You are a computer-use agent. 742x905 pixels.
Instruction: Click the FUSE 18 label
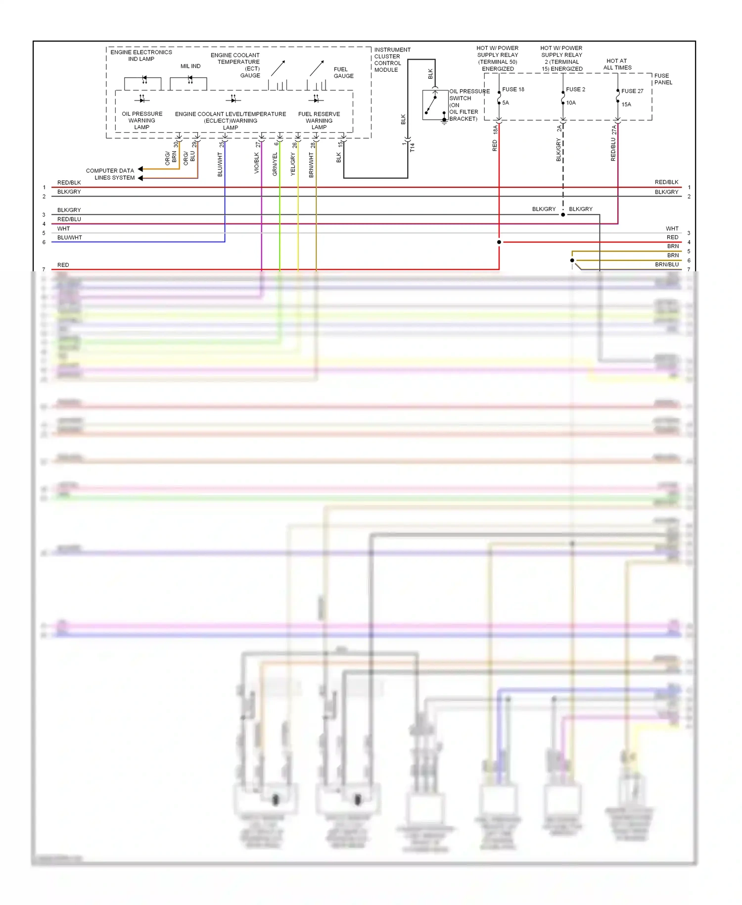(x=513, y=90)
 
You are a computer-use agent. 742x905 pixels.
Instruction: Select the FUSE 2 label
(x=575, y=90)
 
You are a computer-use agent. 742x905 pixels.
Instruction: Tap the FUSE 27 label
(x=632, y=91)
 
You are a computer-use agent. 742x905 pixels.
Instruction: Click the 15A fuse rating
(x=626, y=104)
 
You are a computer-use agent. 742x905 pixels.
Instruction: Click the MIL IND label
(x=190, y=66)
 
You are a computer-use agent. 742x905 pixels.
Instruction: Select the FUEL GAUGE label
(x=343, y=73)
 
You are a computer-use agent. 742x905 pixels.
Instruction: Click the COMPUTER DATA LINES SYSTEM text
(x=110, y=174)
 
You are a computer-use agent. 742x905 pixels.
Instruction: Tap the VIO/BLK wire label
(x=257, y=163)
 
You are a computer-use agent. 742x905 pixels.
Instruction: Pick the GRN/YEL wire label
(x=275, y=164)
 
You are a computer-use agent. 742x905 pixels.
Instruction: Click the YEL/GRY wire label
(x=293, y=164)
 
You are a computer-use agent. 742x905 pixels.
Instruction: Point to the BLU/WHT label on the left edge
(x=70, y=238)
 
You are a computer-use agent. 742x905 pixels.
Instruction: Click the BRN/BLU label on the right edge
(x=667, y=265)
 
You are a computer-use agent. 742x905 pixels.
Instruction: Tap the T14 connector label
(x=412, y=148)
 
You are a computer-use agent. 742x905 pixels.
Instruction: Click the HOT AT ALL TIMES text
(x=617, y=64)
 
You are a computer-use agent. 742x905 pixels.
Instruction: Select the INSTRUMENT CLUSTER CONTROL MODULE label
(x=392, y=60)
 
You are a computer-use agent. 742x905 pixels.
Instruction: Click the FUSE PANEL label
(x=663, y=79)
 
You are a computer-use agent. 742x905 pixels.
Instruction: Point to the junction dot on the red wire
(x=499, y=242)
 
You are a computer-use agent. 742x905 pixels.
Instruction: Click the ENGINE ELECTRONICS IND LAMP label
(x=141, y=55)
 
